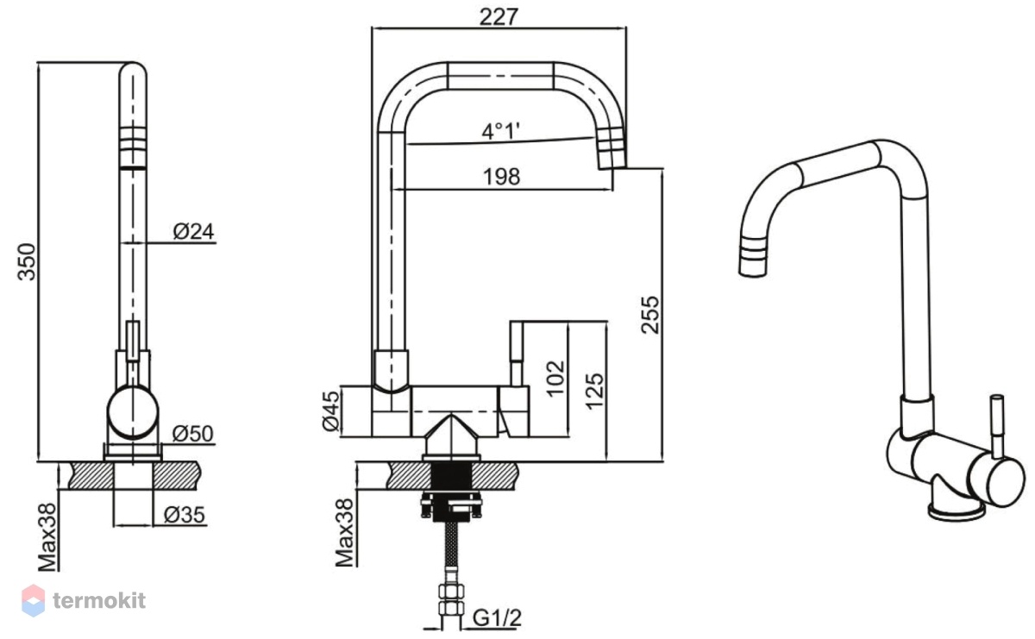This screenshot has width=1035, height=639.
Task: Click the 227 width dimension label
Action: (x=499, y=17)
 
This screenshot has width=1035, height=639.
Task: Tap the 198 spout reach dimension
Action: (x=501, y=177)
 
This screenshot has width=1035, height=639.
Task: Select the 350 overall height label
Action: (x=27, y=261)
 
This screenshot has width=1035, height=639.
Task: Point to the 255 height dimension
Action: (x=650, y=315)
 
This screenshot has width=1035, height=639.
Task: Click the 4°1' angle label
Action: (x=500, y=131)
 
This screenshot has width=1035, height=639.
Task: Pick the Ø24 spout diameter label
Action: (x=193, y=231)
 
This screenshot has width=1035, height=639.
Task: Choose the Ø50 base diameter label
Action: (x=192, y=434)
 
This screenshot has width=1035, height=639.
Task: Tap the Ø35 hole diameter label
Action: (x=185, y=514)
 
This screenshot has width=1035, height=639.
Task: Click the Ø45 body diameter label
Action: (x=331, y=410)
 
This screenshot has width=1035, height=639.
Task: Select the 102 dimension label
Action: (x=555, y=379)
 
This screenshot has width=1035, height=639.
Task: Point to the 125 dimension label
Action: (x=594, y=392)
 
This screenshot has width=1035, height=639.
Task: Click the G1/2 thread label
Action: (x=497, y=617)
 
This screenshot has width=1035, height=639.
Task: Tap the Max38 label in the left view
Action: (x=47, y=537)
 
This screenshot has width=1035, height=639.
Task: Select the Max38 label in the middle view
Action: (x=344, y=533)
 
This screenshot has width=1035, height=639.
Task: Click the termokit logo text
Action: (x=99, y=601)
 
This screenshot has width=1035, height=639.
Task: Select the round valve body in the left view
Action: (x=133, y=412)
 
